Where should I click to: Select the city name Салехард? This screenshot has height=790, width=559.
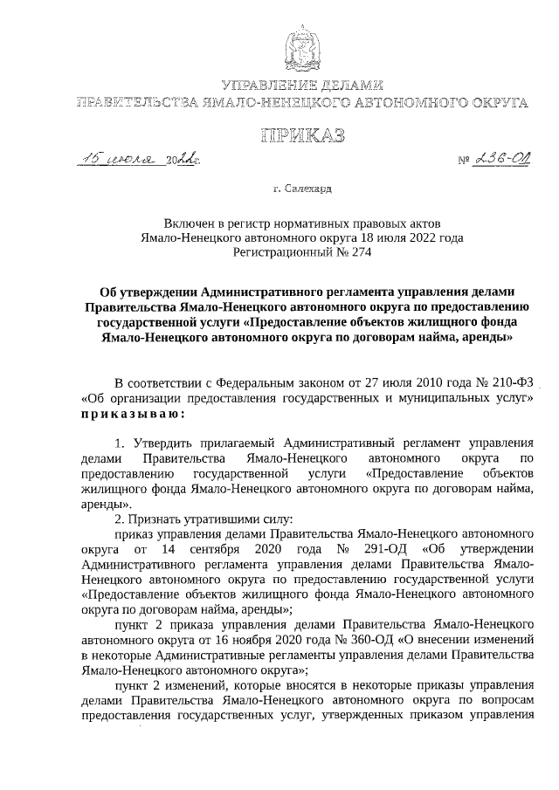308,187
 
